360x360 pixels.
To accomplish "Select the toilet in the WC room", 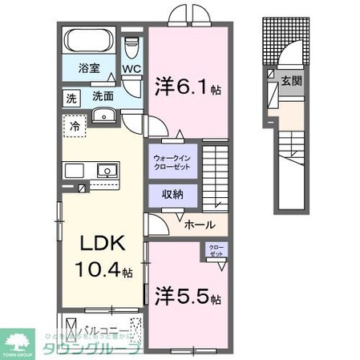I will click(131, 48).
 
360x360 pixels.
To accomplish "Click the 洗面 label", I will click(102, 96).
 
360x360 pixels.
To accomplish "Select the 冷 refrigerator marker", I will click(74, 127).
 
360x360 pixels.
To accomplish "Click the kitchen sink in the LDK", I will click(105, 170).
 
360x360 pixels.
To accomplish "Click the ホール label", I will click(199, 226).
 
